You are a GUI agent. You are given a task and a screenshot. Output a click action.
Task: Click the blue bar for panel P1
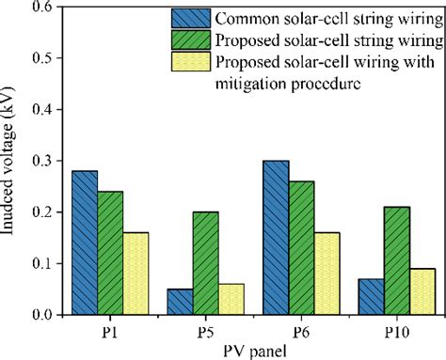point(85,243)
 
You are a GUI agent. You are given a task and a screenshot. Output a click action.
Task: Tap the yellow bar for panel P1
point(135,273)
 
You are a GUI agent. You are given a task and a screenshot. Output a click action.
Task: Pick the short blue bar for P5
point(181,302)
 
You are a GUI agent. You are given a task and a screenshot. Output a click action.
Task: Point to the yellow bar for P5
point(231,299)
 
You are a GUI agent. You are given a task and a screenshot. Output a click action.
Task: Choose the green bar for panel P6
point(301,248)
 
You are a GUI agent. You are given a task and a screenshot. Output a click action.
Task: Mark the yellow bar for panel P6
point(327,273)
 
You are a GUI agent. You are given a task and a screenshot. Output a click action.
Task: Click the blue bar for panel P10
point(372,297)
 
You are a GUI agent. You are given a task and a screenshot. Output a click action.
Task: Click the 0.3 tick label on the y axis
point(41,161)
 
